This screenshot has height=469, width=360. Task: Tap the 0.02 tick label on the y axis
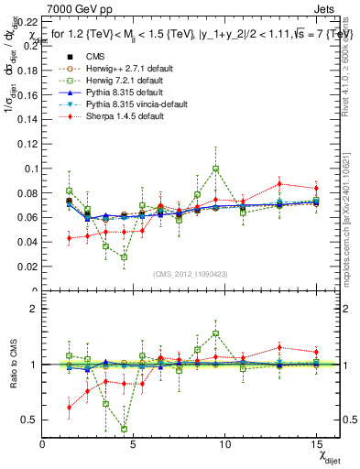click(28, 267)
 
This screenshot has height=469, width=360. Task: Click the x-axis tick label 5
click(135, 444)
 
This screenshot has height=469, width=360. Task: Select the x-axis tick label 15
click(316, 444)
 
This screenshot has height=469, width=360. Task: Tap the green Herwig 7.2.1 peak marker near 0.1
click(216, 169)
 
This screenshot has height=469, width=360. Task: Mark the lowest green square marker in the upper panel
click(125, 257)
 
